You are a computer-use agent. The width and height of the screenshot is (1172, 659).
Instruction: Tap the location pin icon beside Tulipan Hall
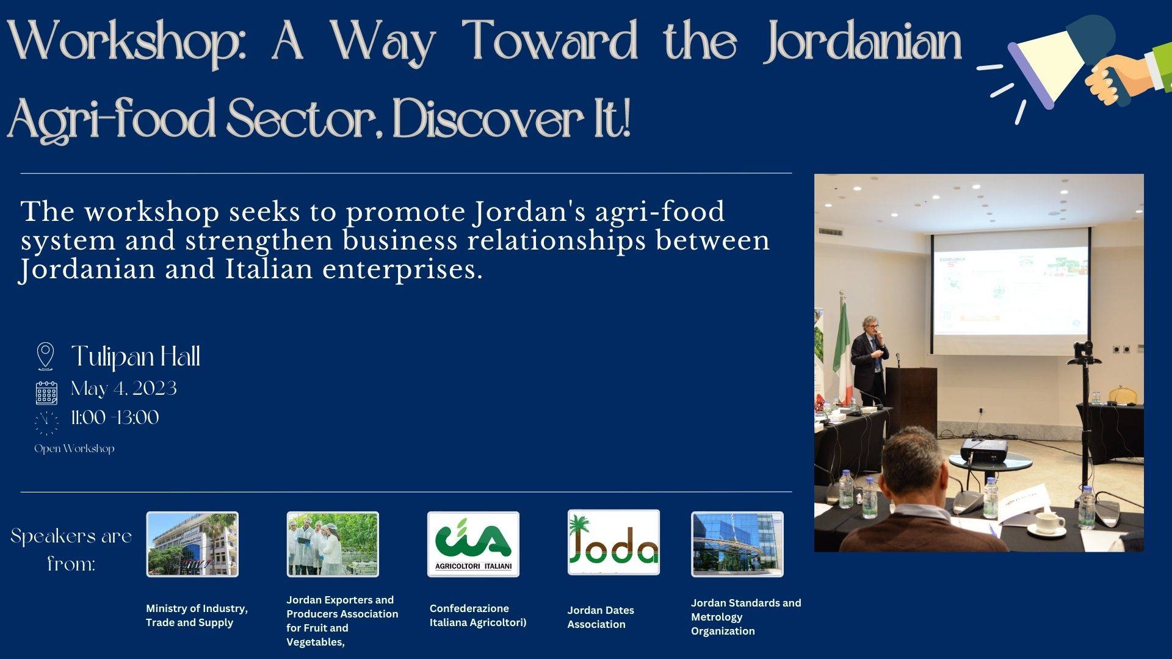click(45, 356)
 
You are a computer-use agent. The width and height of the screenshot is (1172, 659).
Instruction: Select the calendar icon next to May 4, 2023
click(46, 392)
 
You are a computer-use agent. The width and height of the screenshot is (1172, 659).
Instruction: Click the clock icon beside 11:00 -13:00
click(46, 422)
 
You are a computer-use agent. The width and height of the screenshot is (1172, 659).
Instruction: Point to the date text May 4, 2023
click(124, 389)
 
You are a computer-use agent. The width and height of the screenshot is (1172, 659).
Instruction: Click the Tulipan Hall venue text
click(136, 357)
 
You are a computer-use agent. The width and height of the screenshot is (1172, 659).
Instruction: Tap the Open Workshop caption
click(74, 448)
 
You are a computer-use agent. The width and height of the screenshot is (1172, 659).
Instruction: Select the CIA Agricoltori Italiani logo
click(473, 544)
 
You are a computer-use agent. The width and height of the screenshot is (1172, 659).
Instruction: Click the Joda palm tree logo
click(613, 542)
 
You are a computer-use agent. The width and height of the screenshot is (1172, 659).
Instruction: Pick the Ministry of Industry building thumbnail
click(192, 544)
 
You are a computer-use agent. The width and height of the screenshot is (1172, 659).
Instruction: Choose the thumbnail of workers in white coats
click(333, 544)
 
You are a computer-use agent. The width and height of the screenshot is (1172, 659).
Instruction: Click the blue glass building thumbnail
click(737, 544)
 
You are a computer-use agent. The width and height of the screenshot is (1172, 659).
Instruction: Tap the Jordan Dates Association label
click(601, 617)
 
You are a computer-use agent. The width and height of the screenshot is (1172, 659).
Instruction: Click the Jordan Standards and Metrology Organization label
click(746, 617)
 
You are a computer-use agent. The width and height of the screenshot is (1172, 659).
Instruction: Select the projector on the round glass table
click(984, 450)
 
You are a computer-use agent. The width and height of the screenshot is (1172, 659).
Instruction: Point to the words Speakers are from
click(71, 549)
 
